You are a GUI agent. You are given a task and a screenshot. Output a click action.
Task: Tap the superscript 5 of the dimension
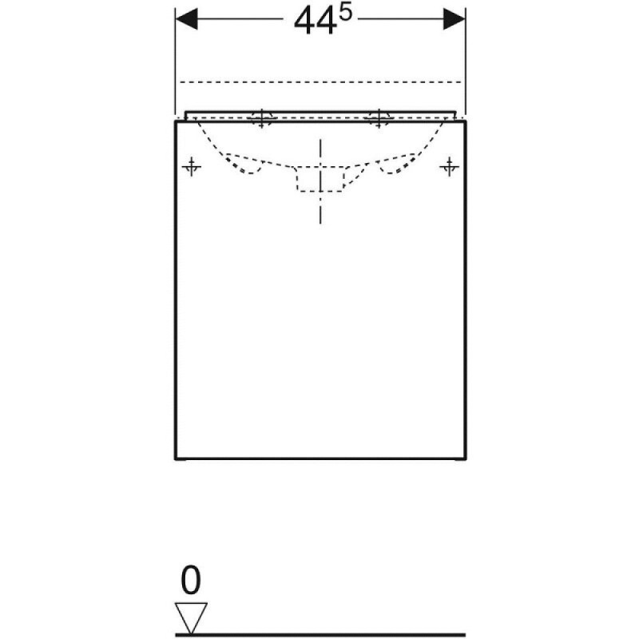pyautogui.click(x=345, y=14)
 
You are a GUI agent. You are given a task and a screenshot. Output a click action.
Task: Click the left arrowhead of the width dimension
pyautogui.click(x=186, y=19)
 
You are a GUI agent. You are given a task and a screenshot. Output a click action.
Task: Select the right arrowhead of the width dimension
pyautogui.click(x=454, y=19)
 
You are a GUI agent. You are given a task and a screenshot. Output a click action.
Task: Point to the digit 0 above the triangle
pyautogui.click(x=191, y=580)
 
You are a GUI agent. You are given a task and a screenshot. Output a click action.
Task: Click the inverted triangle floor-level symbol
pyautogui.click(x=191, y=617)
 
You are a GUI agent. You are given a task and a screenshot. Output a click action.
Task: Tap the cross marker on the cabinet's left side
pyautogui.click(x=191, y=166)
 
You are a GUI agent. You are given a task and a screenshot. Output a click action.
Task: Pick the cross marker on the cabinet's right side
pyautogui.click(x=449, y=166)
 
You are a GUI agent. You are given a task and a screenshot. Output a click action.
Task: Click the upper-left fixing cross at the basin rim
pyautogui.click(x=262, y=118)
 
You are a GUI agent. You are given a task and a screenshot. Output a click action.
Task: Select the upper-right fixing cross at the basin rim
pyautogui.click(x=379, y=118)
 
